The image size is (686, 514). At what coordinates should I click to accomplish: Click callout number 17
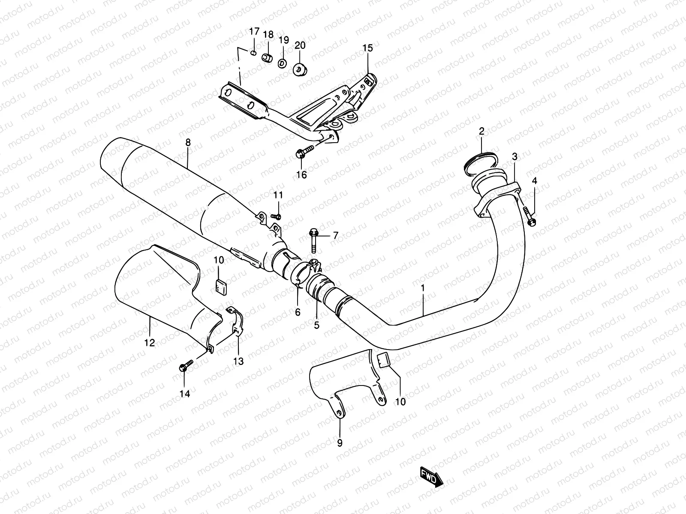point(254,31)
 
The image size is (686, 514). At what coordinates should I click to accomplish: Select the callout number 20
point(300,45)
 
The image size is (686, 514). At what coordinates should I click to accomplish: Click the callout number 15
point(368,48)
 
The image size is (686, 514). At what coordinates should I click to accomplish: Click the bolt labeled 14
point(185,367)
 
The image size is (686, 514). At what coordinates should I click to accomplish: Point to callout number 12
point(150,343)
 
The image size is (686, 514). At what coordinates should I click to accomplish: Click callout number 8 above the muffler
point(188,143)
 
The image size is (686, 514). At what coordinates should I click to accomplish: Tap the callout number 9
point(340,443)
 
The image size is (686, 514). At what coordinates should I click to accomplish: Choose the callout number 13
point(238,361)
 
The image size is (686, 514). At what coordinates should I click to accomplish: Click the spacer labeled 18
point(268,58)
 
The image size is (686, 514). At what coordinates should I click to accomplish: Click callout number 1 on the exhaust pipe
point(422,289)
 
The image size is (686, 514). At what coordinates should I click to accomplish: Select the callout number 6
point(298,312)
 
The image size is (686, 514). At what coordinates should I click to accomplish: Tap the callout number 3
point(514,157)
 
